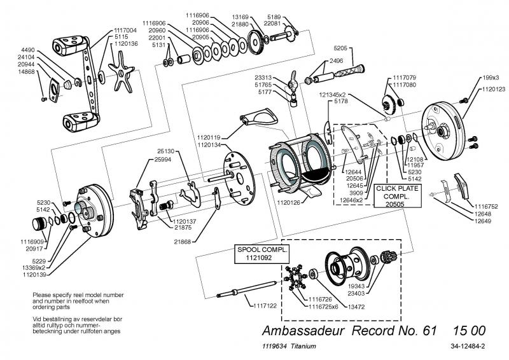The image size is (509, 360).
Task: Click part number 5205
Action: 342,48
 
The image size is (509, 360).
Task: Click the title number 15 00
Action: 470,331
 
